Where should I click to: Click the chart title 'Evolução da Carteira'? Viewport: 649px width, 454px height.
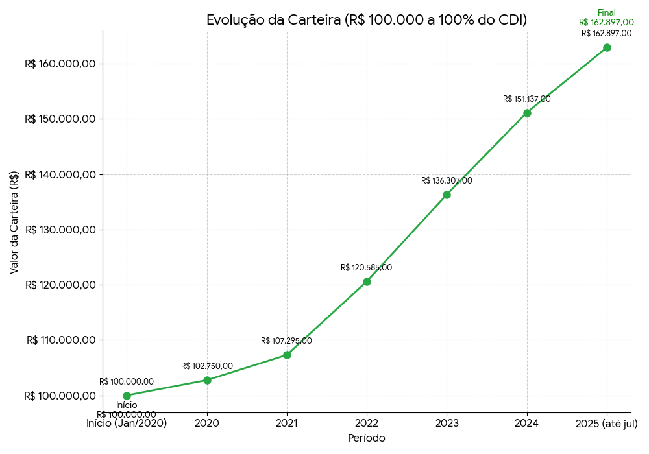366,20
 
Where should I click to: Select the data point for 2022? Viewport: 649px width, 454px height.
367,281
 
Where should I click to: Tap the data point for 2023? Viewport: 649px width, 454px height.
447,195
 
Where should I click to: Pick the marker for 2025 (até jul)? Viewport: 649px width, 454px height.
607,47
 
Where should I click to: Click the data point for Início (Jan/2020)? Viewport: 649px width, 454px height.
127,396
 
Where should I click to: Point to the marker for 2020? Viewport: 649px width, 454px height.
207,380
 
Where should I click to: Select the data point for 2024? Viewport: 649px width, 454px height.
527,113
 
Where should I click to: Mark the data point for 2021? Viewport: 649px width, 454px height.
287,355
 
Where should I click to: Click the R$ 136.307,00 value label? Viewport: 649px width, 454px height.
447,181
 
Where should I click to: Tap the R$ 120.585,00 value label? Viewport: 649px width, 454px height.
367,268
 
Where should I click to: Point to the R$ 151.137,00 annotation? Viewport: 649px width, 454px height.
526,99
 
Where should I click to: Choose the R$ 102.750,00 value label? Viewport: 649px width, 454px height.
207,366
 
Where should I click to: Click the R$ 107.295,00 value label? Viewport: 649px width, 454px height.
286,341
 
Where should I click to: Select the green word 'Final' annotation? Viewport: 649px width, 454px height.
607,13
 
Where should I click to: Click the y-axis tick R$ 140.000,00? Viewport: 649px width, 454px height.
60,174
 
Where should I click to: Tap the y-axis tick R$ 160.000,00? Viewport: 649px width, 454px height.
60,64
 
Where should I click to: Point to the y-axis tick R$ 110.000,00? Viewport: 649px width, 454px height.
61,340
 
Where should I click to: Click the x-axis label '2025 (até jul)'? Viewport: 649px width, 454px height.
607,424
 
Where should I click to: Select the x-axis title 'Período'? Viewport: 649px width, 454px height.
367,438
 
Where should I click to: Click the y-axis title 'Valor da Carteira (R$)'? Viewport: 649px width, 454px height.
14,222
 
